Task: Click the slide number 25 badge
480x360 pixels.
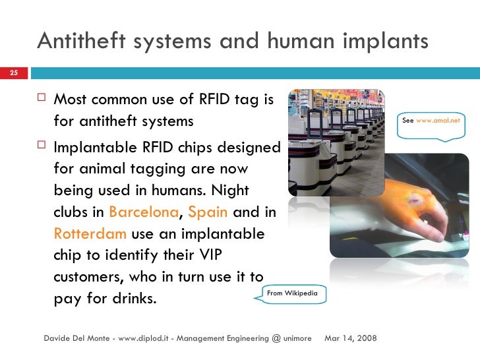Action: pyautogui.click(x=13, y=73)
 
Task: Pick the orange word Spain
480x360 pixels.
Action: pyautogui.click(x=208, y=213)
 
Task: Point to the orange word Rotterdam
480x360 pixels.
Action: pyautogui.click(x=90, y=234)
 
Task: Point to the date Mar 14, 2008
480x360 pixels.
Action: pyautogui.click(x=351, y=338)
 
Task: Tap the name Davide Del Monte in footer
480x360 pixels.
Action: pyautogui.click(x=76, y=338)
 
